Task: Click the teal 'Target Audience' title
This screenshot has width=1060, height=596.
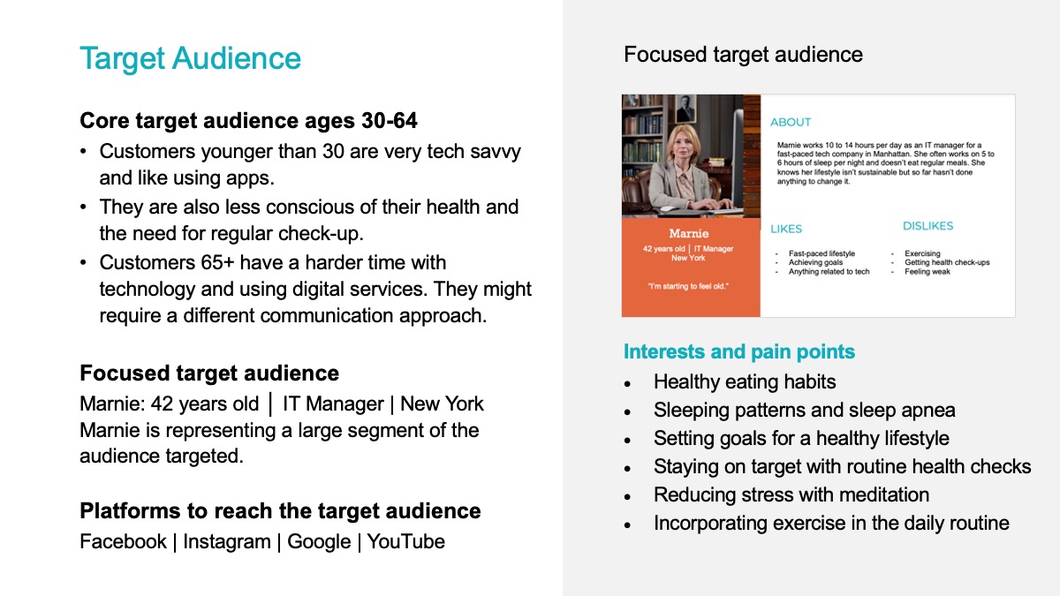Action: (190, 58)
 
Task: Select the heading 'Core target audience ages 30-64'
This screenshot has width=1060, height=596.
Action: (248, 120)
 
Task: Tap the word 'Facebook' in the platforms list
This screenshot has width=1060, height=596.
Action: (123, 541)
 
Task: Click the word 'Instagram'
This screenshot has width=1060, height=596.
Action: (227, 542)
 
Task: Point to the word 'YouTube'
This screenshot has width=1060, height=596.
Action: (406, 541)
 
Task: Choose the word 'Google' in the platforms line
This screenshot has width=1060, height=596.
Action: (319, 542)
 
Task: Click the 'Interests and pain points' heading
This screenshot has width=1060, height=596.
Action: (739, 352)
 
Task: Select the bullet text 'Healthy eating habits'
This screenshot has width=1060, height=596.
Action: (745, 382)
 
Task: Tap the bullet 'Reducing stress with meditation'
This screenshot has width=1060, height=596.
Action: (791, 494)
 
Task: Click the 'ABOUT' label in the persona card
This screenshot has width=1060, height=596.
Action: (791, 122)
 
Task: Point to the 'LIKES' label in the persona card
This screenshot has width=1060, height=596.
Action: (786, 229)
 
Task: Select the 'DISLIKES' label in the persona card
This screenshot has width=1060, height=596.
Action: (927, 226)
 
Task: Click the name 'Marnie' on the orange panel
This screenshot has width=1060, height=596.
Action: (688, 233)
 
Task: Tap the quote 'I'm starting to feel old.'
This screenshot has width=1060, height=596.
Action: (688, 286)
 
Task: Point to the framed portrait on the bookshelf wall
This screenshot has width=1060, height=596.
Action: (685, 109)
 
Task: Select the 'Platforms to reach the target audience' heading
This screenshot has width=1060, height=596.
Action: (280, 511)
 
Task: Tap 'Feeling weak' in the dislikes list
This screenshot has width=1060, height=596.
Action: (927, 272)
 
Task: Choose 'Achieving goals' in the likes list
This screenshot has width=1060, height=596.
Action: (815, 262)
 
